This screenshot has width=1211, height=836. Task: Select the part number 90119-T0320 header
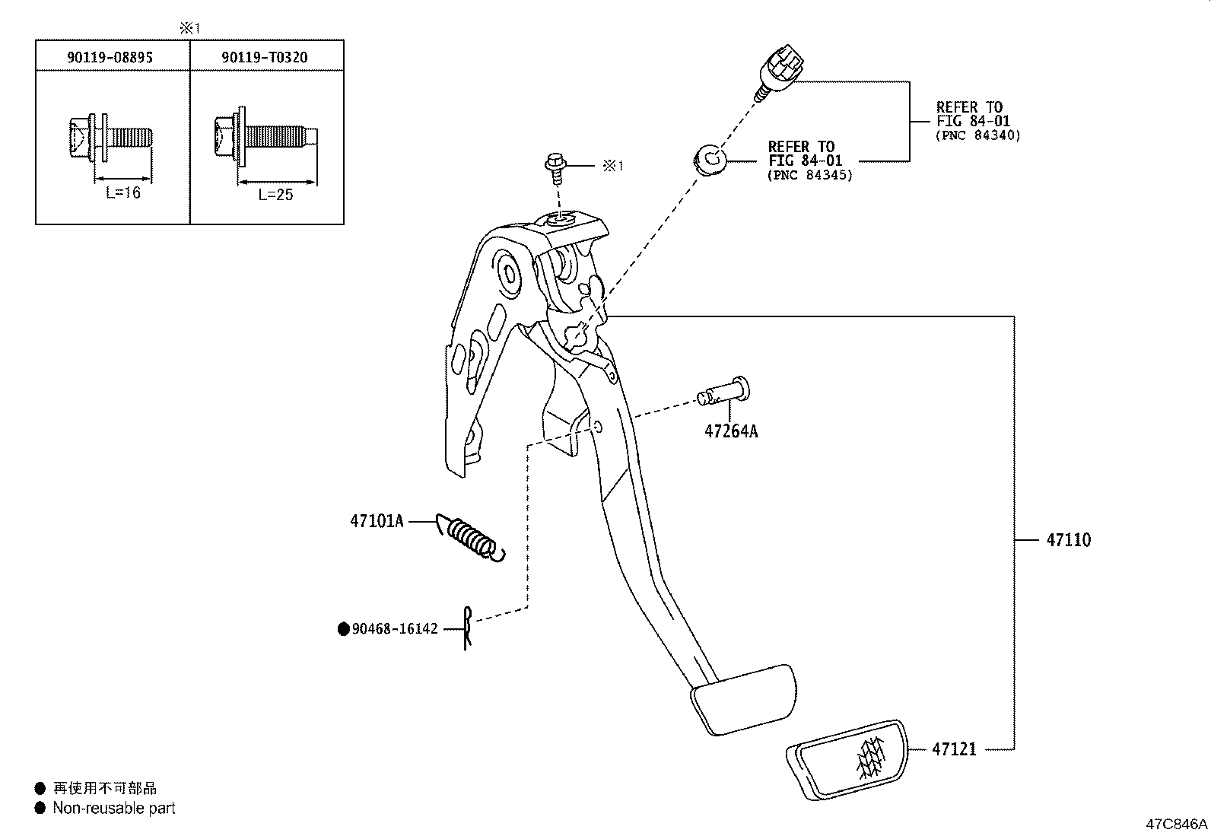click(x=265, y=57)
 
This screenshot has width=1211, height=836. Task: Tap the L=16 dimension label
click(x=123, y=193)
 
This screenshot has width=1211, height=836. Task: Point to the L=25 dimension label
click(x=275, y=195)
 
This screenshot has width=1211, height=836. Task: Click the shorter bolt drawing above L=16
click(x=110, y=138)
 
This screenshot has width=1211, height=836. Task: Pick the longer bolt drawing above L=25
click(x=265, y=138)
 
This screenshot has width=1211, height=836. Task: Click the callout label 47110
click(x=1068, y=540)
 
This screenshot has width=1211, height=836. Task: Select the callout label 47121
click(x=954, y=749)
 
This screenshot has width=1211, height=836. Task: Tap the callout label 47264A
click(x=731, y=431)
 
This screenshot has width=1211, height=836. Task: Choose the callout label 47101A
click(x=377, y=521)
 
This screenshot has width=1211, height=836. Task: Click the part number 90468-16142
click(x=395, y=629)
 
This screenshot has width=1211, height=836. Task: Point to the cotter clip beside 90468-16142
click(x=468, y=628)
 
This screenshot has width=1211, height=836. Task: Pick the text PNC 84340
click(x=977, y=135)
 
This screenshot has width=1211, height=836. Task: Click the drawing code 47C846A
click(x=1177, y=824)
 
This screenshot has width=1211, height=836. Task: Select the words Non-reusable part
click(x=114, y=809)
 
